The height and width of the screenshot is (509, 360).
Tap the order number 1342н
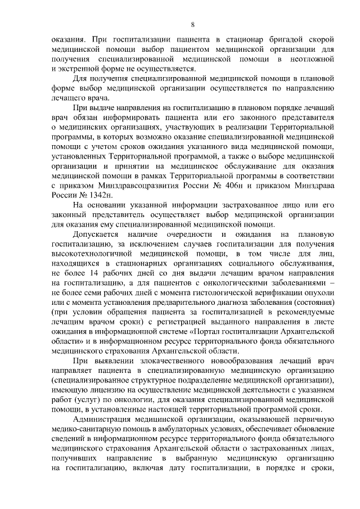pyautogui.click(x=101, y=195)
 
